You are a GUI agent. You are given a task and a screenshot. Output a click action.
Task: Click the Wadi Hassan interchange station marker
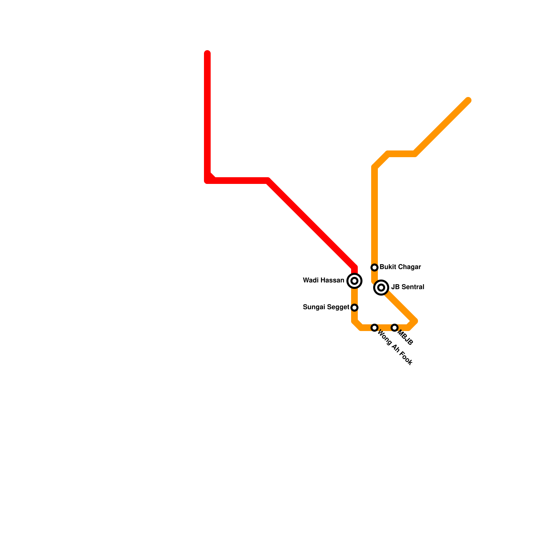(354, 281)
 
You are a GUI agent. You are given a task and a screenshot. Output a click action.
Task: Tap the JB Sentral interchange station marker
(381, 287)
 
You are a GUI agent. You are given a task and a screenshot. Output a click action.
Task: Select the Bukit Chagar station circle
(374, 267)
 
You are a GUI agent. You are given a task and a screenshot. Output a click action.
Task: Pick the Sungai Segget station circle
(354, 307)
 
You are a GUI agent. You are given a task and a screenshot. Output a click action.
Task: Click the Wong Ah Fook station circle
(374, 327)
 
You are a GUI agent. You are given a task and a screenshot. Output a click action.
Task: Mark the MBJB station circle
(395, 327)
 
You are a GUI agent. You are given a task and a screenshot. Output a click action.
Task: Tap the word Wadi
(310, 280)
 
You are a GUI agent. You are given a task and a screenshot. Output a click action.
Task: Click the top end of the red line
(207, 53)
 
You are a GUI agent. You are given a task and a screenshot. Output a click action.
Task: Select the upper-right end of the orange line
(468, 100)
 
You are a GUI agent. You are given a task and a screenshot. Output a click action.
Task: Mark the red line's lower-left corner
(207, 181)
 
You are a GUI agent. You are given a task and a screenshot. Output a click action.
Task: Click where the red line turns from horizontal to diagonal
(268, 181)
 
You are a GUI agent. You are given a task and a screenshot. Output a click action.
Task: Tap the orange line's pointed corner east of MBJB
(415, 321)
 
